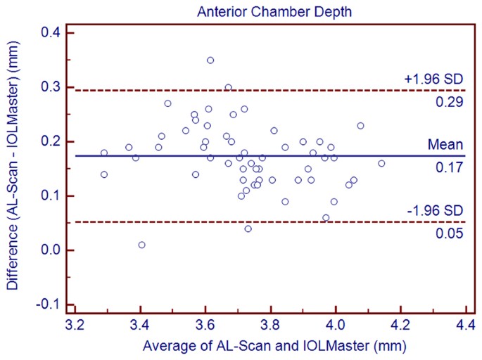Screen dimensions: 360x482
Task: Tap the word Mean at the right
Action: [x=445, y=144]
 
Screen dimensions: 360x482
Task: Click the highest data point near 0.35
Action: [x=210, y=60]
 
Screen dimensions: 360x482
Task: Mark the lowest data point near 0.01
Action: [x=142, y=245]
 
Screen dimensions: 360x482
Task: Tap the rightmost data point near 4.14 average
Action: [x=381, y=163]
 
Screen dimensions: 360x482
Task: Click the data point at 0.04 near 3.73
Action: [x=248, y=229]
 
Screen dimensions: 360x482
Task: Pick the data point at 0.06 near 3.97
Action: [x=326, y=218]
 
